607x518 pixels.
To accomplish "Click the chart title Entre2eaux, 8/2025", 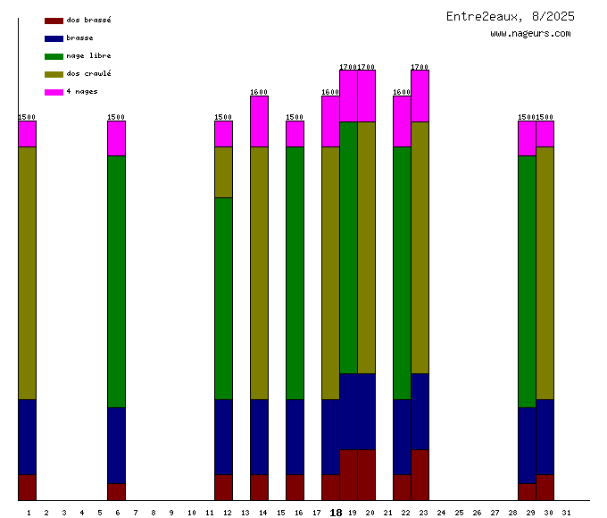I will pos(511,16).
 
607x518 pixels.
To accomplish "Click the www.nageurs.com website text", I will pos(530,34).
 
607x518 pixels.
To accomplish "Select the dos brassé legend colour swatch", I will pos(54,20).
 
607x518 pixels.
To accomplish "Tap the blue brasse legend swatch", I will pos(54,38).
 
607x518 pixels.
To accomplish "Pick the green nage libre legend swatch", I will pos(54,56).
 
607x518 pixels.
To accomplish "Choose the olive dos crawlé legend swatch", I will pos(54,74).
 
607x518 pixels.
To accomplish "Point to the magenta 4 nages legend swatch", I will pos(54,92).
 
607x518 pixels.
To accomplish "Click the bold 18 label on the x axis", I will pos(336,513).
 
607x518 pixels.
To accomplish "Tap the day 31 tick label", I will pos(566,513).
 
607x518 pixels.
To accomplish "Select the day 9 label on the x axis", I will pos(171,513).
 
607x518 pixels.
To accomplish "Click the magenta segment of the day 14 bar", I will pos(260,121).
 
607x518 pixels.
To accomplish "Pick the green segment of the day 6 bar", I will pos(117,281).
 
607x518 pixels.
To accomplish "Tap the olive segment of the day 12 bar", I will pos(224,171).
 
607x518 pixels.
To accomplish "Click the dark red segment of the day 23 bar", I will pos(420,474).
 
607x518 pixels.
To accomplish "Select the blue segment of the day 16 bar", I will pos(295,437).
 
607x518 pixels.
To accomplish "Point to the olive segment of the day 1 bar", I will pos(28,272).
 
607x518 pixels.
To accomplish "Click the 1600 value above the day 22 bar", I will pos(402,92).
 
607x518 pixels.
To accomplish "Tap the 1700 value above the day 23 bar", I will pos(420,67).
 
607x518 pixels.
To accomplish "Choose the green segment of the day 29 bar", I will pos(528,281).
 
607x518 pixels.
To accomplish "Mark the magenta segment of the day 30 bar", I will pos(545,133).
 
